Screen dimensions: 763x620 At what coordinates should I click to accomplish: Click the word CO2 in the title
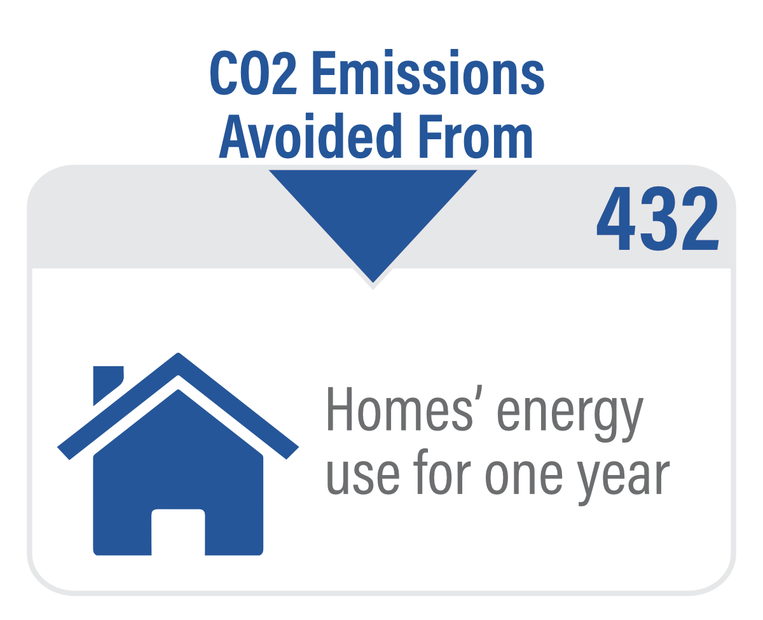[253, 73]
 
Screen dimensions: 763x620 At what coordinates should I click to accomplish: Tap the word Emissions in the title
[429, 72]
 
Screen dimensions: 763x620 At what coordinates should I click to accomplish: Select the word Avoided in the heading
[310, 135]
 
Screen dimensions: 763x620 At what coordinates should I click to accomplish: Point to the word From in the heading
[476, 137]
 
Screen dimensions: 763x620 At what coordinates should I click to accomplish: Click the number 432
[658, 219]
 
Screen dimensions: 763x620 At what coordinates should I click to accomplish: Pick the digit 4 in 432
[615, 219]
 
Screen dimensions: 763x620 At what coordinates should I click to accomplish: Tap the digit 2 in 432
[700, 218]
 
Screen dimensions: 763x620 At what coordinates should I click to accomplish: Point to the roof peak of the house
[178, 353]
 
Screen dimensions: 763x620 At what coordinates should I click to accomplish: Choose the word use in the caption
[363, 477]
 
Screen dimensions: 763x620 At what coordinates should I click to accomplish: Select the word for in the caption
[442, 472]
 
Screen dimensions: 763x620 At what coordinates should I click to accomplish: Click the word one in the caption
[524, 477]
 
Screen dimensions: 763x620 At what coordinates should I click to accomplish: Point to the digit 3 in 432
[658, 219]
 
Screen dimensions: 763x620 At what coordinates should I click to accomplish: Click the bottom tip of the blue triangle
[373, 282]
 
